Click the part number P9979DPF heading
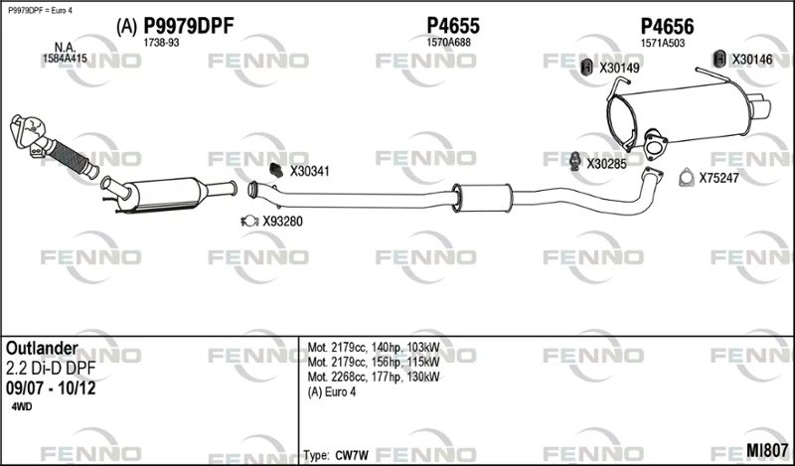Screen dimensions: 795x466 [189, 26]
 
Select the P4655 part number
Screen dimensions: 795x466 [453, 26]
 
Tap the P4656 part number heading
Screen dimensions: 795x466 [667, 27]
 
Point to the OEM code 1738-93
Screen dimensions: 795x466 [161, 43]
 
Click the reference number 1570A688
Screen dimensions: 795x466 [449, 43]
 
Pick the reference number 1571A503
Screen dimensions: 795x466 [663, 44]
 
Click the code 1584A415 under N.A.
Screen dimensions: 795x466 [65, 59]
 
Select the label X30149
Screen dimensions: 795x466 [619, 68]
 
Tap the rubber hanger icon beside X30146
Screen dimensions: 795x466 [718, 59]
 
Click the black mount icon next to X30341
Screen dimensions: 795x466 [275, 170]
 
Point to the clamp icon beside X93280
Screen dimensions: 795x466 [249, 221]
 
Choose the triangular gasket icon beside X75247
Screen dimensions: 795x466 [686, 177]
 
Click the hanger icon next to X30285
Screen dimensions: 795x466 [575, 161]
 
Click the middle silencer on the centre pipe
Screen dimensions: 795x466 [482, 198]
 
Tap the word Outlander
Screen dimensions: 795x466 [42, 349]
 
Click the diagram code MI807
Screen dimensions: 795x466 [766, 450]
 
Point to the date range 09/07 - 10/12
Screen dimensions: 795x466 [51, 388]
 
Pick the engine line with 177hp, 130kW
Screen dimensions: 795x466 [374, 377]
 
